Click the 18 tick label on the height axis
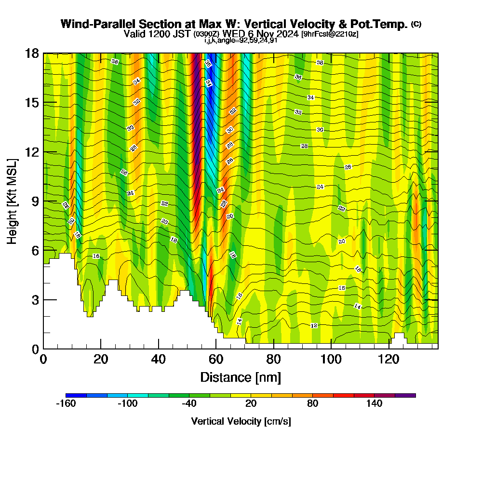(32, 53)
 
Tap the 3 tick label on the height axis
(35, 300)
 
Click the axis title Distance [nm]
(240, 377)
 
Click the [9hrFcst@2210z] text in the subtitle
(330, 34)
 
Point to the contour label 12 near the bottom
(314, 326)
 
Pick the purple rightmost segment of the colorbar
(405, 395)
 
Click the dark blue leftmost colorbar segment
(76, 395)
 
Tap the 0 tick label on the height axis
(35, 349)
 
